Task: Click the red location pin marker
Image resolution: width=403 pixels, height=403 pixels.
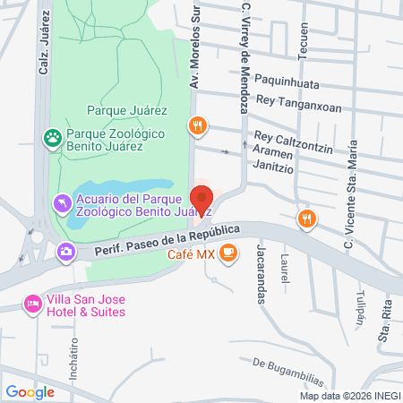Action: pos(201,200)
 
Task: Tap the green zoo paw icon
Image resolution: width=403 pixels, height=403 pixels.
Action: pos(52,138)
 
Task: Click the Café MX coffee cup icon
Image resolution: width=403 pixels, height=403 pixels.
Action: pos(229,253)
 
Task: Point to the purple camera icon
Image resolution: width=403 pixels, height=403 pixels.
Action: pos(65,253)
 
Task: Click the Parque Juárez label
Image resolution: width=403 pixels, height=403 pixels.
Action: pos(127,110)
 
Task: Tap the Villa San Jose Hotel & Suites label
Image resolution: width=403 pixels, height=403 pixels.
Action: pos(86,304)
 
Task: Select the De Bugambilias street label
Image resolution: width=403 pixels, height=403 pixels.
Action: pos(287,364)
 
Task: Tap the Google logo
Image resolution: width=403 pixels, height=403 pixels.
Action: pos(30,391)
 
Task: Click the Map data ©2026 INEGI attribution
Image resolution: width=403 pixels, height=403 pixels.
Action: pos(350,396)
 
